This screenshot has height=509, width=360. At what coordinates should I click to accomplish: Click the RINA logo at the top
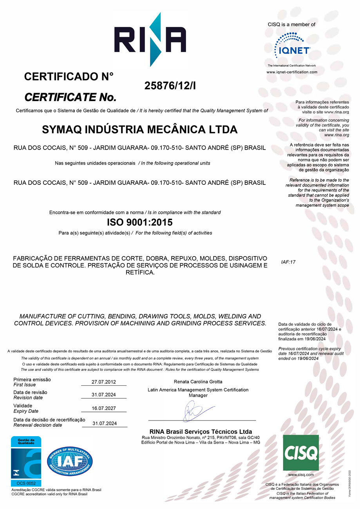coord(150,40)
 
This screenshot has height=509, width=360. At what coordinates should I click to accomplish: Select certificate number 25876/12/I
coord(170,86)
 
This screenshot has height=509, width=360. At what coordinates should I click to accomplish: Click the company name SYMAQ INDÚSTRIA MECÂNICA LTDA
coord(139,129)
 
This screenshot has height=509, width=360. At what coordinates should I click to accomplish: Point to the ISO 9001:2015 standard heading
coord(139,222)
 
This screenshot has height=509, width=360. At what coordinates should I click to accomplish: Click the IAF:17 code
coord(288,262)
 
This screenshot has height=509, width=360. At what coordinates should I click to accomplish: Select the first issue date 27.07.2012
coord(104,382)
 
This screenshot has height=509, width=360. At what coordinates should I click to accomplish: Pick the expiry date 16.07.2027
coord(104,409)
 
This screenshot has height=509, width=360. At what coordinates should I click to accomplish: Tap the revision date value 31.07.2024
coord(104,395)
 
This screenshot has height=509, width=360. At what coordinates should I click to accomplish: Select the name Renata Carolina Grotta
coord(198,381)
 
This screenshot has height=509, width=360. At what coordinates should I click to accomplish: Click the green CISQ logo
coord(301,453)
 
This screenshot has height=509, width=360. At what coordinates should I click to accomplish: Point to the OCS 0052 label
coord(26,483)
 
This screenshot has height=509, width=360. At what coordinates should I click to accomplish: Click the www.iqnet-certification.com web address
coord(292,72)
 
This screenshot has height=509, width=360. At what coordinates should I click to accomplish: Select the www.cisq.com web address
coord(301,475)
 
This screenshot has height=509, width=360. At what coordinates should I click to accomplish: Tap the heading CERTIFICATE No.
coord(71,96)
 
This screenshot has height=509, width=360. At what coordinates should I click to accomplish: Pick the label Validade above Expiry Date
coord(23,406)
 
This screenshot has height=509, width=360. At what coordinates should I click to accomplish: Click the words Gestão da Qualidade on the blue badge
coord(26,441)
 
